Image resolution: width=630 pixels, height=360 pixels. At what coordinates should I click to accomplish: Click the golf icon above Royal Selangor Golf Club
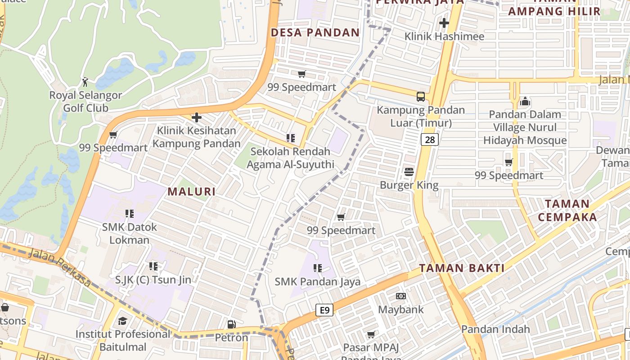point(85,82)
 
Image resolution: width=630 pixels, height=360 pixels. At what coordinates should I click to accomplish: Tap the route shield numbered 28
point(430,139)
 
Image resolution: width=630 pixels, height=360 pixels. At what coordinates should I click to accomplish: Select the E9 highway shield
point(324,310)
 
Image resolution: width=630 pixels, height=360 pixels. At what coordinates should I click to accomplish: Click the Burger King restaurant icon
point(409,171)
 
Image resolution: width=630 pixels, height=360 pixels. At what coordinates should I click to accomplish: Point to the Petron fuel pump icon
point(231,324)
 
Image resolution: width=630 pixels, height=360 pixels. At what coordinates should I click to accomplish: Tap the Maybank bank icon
point(400,296)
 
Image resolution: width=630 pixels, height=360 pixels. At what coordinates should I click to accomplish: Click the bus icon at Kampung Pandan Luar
point(421,96)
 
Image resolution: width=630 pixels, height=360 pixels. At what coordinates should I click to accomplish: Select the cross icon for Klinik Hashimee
point(444,23)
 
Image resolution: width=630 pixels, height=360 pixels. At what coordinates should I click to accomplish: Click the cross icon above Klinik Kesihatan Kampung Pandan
point(196,117)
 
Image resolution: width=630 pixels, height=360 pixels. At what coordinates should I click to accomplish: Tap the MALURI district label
point(191,192)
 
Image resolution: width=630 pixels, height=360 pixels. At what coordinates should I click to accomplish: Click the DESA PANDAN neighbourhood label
point(315,32)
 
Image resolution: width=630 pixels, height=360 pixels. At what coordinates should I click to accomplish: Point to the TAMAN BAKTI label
point(461,268)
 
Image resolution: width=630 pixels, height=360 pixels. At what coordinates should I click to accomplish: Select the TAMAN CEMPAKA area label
point(567,211)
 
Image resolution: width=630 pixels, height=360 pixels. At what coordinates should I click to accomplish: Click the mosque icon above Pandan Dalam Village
point(525,101)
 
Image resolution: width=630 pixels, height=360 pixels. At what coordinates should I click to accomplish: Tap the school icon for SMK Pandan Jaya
point(318,268)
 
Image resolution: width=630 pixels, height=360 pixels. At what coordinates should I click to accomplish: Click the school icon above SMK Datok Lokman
point(129,213)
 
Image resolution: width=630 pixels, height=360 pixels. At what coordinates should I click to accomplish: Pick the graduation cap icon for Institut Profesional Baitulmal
point(122,321)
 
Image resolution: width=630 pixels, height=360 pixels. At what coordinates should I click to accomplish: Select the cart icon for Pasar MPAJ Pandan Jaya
point(371,334)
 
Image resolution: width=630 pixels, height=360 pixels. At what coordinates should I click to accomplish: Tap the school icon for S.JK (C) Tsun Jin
point(153,266)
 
